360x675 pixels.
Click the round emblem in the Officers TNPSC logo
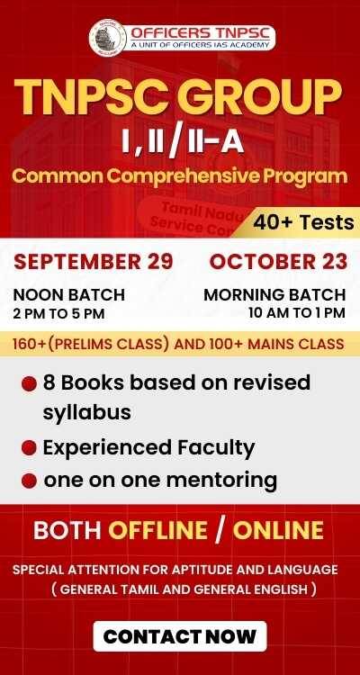[x=108, y=38]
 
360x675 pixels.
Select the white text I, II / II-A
[x=183, y=142]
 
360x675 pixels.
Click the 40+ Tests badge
[x=303, y=222]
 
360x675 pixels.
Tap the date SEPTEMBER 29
[x=94, y=262]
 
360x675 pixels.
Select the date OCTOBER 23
[x=278, y=262]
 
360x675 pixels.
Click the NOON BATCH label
[x=69, y=295]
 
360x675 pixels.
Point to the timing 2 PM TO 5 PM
[x=59, y=314]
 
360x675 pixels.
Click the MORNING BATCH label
[x=274, y=295]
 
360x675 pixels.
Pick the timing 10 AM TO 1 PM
[x=297, y=312]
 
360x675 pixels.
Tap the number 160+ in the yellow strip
[x=27, y=344]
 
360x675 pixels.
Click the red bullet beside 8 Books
[x=29, y=384]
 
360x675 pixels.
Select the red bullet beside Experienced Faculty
[x=29, y=448]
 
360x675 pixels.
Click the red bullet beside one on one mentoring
[x=29, y=481]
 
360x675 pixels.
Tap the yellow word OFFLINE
[x=157, y=530]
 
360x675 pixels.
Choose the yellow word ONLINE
[x=278, y=530]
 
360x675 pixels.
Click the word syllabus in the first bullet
[x=86, y=413]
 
